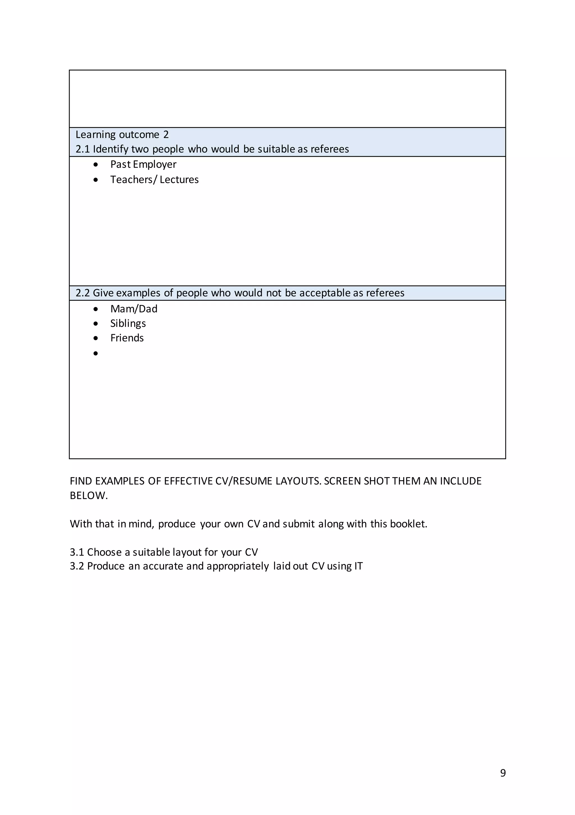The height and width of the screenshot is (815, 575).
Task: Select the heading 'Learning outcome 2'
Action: [122, 135]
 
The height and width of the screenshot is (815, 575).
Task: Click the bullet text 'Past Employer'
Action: [143, 164]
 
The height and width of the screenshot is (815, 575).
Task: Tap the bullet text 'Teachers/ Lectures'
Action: [154, 180]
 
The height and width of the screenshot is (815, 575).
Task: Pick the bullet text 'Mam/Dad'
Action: [134, 309]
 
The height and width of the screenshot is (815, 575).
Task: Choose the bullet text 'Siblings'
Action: [128, 323]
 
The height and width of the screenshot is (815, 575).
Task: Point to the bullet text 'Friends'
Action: [127, 338]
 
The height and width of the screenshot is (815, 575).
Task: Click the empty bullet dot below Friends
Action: [96, 353]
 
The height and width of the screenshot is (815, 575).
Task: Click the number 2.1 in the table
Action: [83, 149]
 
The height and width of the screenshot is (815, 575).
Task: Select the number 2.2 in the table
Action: [83, 293]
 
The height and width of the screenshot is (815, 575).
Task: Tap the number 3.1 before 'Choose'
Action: [77, 552]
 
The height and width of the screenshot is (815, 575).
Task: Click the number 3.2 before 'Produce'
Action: [77, 566]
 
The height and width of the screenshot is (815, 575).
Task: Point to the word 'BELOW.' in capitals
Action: [89, 495]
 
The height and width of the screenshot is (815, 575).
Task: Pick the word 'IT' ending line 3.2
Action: [358, 566]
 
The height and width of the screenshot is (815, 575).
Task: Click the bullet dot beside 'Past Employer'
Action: [96, 165]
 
